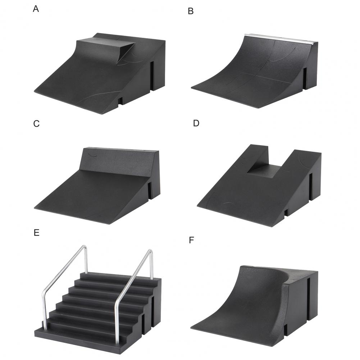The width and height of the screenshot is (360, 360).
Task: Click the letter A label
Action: (x=36, y=9)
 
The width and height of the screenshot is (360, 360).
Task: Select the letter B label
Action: (x=191, y=11)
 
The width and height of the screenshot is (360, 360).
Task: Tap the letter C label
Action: (x=36, y=123)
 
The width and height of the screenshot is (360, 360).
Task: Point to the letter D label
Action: (x=196, y=123)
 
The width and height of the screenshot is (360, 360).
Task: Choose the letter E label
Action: (x=37, y=233)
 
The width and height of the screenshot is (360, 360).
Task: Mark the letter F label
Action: (x=191, y=240)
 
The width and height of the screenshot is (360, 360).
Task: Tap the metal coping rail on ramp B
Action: (x=279, y=38)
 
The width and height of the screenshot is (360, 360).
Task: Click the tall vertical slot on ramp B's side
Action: (x=305, y=78)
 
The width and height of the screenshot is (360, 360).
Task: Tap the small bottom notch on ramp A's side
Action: (x=120, y=101)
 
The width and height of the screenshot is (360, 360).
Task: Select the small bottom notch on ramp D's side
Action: (x=286, y=213)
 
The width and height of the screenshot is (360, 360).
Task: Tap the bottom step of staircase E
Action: (x=80, y=337)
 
